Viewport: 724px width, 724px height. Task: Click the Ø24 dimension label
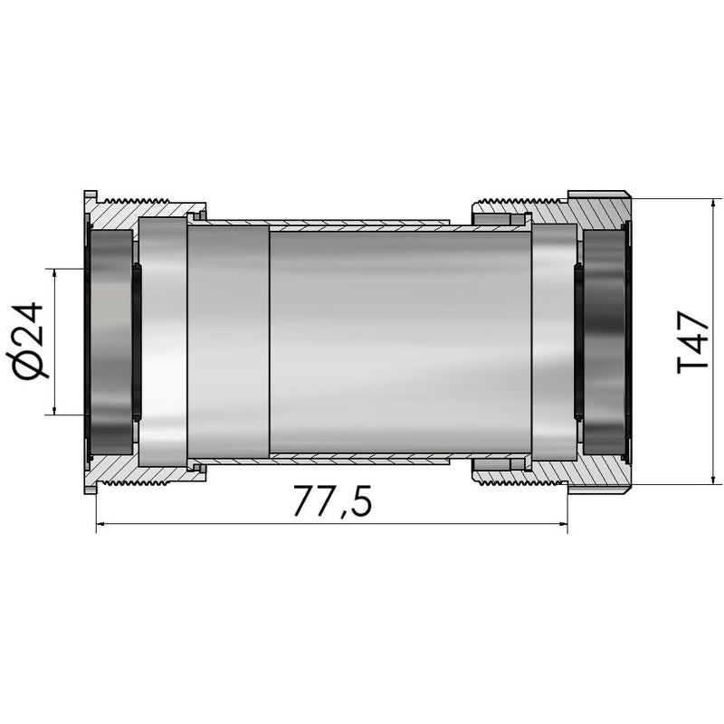coord(30,339)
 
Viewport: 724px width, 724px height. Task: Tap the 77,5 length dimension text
coord(332,502)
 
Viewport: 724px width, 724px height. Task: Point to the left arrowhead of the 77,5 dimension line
coord(100,523)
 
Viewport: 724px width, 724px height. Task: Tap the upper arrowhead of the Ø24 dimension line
coord(56,272)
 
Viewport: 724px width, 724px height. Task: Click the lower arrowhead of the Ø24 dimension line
coord(56,410)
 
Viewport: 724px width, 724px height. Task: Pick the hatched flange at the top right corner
coord(599,211)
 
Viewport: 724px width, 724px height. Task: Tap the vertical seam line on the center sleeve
coord(269,341)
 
